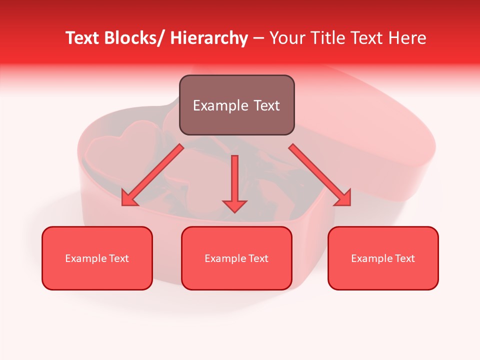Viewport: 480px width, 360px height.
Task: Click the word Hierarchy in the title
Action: tap(209, 38)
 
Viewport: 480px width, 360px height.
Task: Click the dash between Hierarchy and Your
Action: tap(258, 38)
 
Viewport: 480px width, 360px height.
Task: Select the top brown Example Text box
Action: tap(236, 105)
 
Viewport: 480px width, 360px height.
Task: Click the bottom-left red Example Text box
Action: tap(97, 258)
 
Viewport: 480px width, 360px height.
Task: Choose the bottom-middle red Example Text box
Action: tap(236, 258)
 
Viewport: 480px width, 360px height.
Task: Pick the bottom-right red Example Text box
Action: tap(383, 258)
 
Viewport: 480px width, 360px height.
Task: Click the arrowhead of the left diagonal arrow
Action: tap(128, 199)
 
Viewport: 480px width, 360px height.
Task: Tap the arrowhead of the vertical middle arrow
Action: tap(234, 205)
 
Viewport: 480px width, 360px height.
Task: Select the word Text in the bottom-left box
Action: tap(118, 258)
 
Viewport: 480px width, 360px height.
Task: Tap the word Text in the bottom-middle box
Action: tap(257, 258)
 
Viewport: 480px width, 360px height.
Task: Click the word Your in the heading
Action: tap(287, 38)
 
